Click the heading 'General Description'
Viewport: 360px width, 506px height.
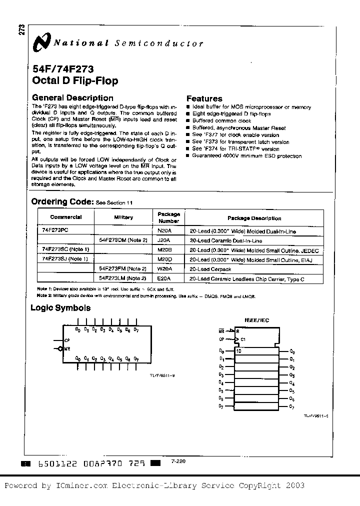pos(72,98)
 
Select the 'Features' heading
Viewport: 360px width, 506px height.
pos(204,98)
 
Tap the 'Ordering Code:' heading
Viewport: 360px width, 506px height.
pos(62,201)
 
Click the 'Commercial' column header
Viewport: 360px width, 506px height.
pos(65,217)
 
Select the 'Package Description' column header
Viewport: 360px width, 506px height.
pos(254,218)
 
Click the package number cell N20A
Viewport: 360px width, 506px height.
pos(164,231)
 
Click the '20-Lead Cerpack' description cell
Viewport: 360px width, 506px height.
pos(210,268)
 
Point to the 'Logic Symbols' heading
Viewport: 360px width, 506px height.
pos(60,308)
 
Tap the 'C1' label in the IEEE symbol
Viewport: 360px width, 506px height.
pos(244,339)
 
